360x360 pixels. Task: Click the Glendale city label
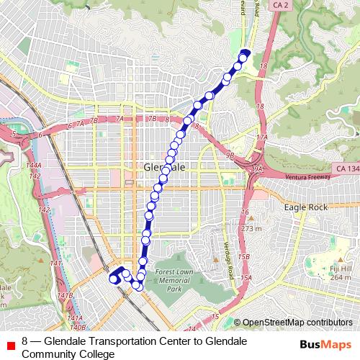click(x=165, y=167)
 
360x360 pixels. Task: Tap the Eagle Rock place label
click(x=306, y=207)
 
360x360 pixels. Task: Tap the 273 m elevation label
click(x=252, y=229)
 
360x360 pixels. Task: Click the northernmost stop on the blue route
click(x=245, y=53)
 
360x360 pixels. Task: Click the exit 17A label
click(x=261, y=137)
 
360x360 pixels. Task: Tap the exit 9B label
click(x=230, y=153)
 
